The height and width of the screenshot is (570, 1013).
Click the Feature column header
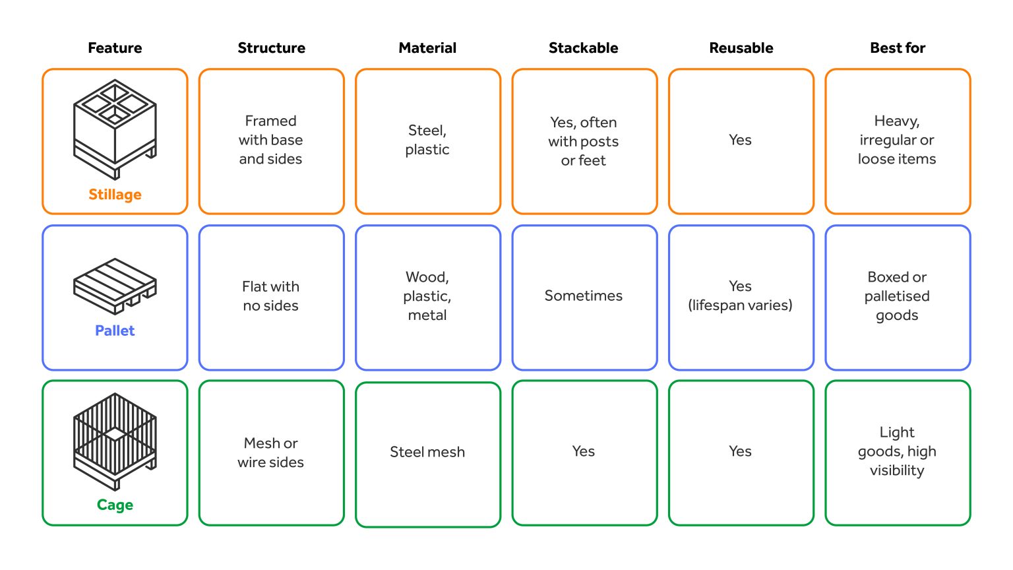point(115,48)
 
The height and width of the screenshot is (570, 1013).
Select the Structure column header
point(271,48)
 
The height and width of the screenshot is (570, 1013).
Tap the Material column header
point(427,48)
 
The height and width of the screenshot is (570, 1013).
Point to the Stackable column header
point(584,48)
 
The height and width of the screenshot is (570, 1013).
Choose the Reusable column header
point(741,48)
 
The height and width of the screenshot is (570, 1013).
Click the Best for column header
point(898,48)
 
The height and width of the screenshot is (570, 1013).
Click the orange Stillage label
point(115,195)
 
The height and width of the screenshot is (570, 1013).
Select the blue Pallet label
point(115,331)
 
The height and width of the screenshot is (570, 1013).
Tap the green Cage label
point(115,505)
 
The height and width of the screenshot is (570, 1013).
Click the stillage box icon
point(115,129)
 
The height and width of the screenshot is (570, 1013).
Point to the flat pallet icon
point(115,286)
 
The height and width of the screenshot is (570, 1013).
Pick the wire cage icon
point(115,441)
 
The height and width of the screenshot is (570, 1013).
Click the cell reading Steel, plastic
point(428,141)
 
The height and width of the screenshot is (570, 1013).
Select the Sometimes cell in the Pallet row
point(584,298)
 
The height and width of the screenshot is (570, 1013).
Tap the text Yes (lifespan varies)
point(741,296)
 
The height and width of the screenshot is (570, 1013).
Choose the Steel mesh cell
point(428,454)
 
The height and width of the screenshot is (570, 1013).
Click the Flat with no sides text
point(270,296)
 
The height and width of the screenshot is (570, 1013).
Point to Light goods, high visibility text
point(897,451)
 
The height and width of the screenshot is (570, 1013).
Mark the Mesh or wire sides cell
point(271,453)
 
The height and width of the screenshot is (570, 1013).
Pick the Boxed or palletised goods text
point(897,296)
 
